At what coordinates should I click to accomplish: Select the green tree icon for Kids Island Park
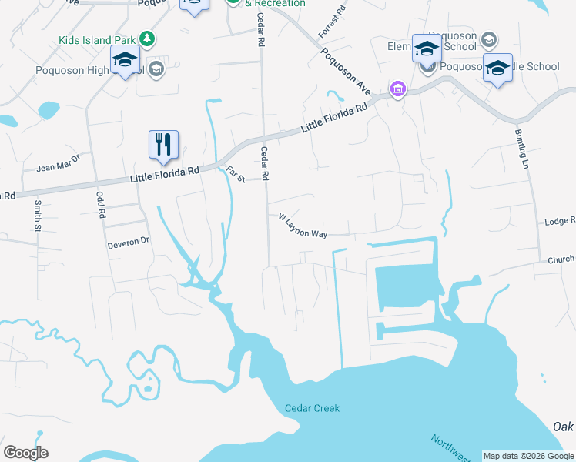[145, 38]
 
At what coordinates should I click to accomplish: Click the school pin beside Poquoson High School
[125, 61]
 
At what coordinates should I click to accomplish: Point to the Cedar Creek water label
[312, 408]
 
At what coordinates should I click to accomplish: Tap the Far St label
[235, 175]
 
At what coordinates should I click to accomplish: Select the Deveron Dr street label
[129, 242]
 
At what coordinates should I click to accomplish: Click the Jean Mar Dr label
[59, 166]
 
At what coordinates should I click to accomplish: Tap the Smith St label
[37, 215]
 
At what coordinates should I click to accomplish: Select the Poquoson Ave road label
[346, 72]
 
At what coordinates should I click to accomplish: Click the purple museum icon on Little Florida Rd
[397, 91]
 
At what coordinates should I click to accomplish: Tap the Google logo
[25, 453]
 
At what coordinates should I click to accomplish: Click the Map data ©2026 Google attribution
[528, 456]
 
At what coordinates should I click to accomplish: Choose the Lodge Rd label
[560, 221]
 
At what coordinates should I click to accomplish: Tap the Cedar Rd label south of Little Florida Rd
[264, 164]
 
